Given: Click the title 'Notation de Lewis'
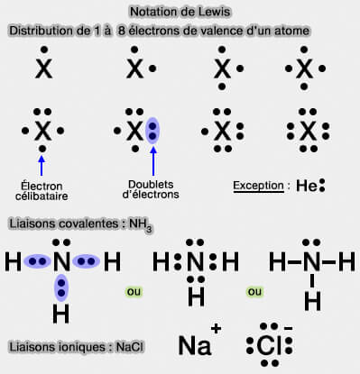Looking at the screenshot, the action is point(180,12).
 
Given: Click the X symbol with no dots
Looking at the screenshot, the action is point(42,68).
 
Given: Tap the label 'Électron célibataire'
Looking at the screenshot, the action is point(42,190).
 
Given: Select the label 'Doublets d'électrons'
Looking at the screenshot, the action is point(151,190).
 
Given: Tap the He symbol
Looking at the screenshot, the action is point(306,187).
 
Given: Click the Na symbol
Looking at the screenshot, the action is point(194,345).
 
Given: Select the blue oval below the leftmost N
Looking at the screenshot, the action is point(61,287).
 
